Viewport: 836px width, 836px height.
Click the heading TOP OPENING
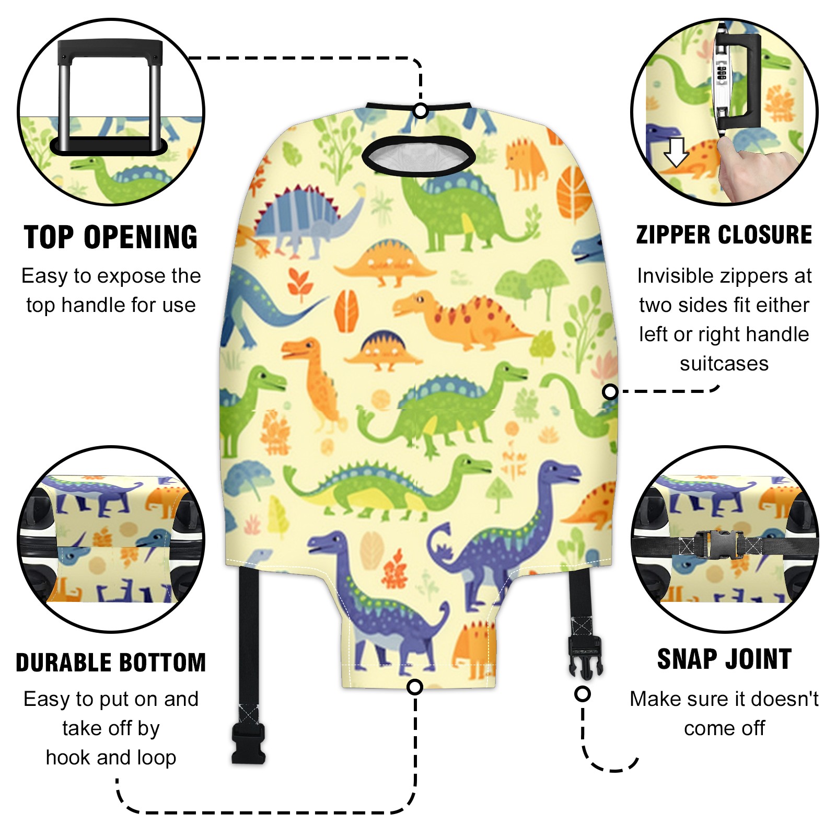click(x=111, y=237)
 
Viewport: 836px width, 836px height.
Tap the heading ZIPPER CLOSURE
click(x=724, y=235)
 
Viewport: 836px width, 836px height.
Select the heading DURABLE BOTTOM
click(x=111, y=663)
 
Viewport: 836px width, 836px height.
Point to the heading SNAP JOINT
click(x=724, y=659)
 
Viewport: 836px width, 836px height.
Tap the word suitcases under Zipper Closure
click(x=724, y=364)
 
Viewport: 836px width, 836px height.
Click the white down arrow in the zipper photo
click(x=677, y=152)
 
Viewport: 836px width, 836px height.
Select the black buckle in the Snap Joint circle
click(x=724, y=544)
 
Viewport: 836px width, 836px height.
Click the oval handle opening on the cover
click(x=419, y=155)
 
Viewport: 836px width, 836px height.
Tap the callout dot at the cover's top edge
click(x=421, y=111)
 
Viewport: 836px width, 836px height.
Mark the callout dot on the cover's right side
click(x=610, y=391)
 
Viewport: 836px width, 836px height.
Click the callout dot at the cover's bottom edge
click(x=415, y=687)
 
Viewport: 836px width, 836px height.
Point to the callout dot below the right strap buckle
click(x=583, y=694)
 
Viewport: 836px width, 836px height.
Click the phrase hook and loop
click(x=111, y=758)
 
